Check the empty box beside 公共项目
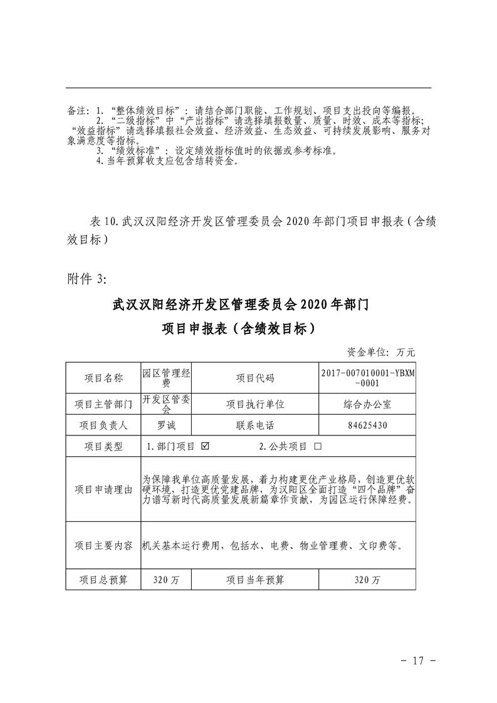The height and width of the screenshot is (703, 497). point(317,447)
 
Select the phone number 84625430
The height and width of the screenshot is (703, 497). point(367,425)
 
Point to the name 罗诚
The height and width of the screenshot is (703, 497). point(167,425)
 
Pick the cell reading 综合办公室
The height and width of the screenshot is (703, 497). point(367,404)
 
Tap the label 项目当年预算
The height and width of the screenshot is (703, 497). point(255,580)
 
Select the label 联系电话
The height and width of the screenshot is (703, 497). point(255,425)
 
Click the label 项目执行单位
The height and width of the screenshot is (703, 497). point(255,404)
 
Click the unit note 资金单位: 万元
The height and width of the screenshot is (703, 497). point(380,352)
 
